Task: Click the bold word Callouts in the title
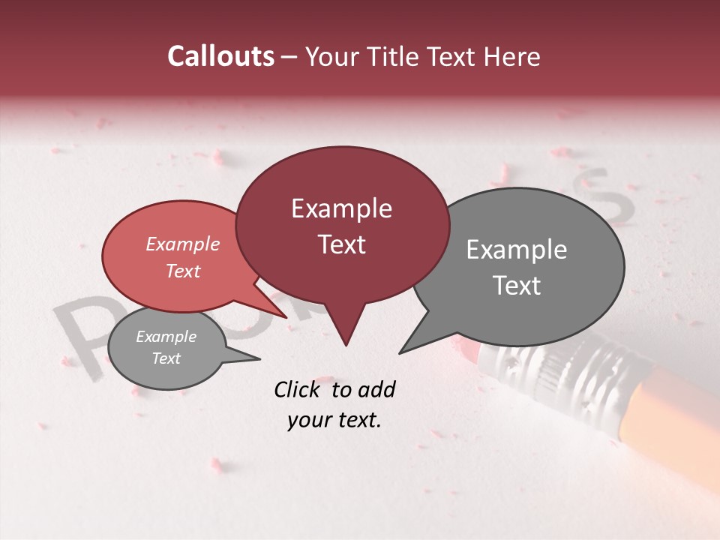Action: pos(220,56)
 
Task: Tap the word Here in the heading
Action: pos(512,57)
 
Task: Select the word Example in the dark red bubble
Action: pos(341,208)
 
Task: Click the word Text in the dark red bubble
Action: pos(341,244)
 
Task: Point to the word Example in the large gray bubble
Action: pos(517,250)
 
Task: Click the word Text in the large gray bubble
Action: pos(517,286)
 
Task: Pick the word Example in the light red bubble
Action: pos(183,244)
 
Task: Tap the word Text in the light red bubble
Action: pos(183,271)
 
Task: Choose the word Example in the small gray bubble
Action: pos(166,337)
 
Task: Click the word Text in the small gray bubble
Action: pos(166,358)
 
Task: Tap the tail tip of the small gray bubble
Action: pos(259,359)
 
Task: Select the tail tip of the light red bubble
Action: pos(287,317)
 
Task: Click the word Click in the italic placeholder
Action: pos(298,389)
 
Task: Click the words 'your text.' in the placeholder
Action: pos(334,421)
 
